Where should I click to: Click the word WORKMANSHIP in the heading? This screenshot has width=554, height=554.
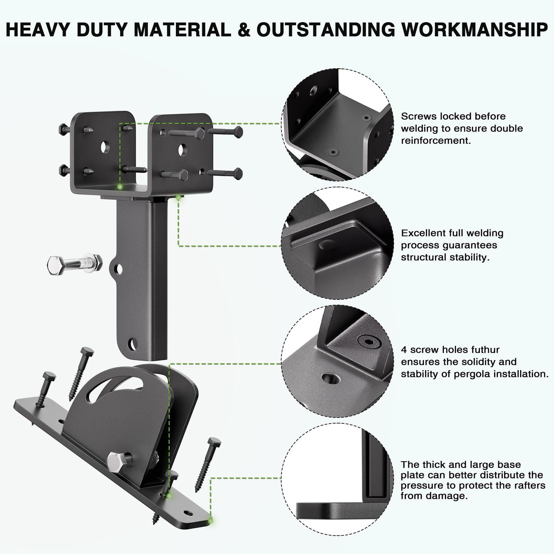click(474, 29)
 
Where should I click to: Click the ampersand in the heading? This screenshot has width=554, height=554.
click(244, 29)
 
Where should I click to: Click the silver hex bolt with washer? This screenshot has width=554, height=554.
click(74, 263)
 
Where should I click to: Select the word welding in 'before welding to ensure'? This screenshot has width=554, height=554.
click(422, 128)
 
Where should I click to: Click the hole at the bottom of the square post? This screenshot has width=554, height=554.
click(132, 345)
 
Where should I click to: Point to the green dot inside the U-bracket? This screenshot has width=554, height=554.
click(120, 187)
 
